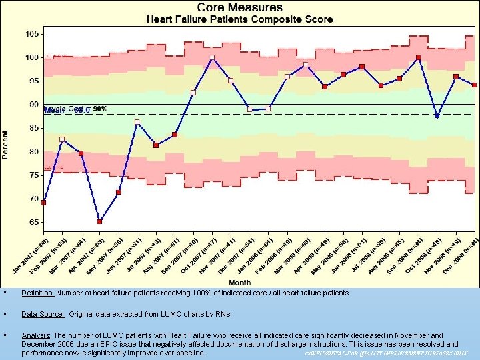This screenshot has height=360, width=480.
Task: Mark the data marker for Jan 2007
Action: click(x=44, y=202)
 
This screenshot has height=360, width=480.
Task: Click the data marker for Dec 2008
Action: click(x=474, y=85)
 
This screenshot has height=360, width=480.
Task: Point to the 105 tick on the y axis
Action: click(x=31, y=34)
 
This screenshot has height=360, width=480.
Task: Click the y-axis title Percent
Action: click(x=5, y=144)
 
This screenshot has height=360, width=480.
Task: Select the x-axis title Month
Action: click(x=256, y=282)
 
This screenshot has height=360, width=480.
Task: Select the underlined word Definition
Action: click(x=39, y=293)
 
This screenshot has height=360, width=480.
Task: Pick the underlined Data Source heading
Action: click(x=43, y=314)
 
